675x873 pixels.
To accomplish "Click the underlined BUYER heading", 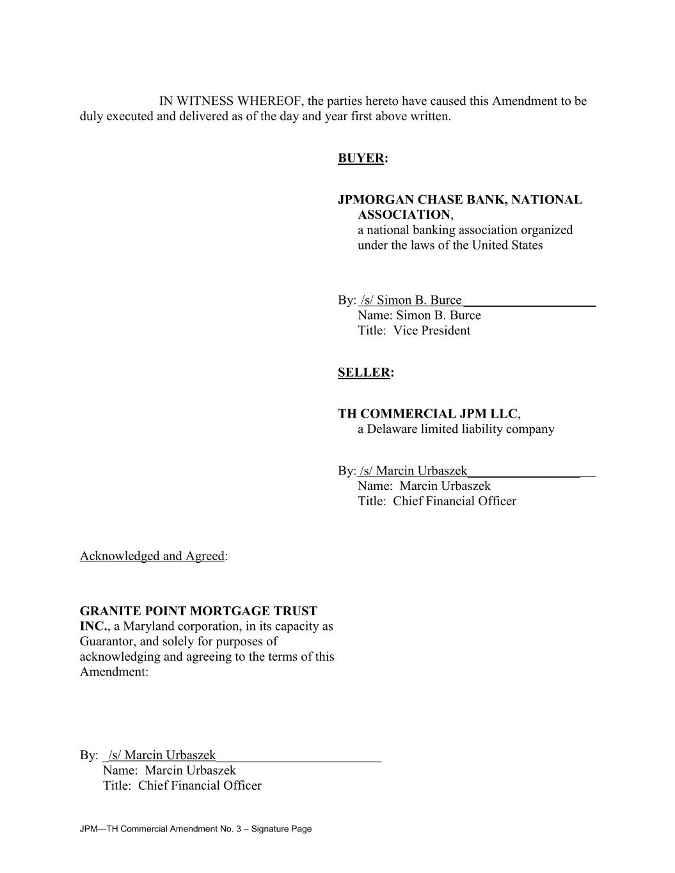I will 361,159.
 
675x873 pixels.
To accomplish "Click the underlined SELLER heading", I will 364,373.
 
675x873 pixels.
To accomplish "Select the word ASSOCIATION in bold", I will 404,215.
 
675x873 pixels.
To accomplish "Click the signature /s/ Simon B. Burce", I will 411,301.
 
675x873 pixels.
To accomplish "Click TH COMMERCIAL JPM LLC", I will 427,414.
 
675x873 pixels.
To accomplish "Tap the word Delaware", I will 390,429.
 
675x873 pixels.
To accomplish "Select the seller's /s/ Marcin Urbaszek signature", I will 413,471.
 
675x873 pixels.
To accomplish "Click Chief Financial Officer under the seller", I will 454,501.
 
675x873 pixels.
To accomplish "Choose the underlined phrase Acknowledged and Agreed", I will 152,556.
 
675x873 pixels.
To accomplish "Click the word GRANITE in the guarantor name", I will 107,611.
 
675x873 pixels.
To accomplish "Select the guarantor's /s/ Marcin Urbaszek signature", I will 162,756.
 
